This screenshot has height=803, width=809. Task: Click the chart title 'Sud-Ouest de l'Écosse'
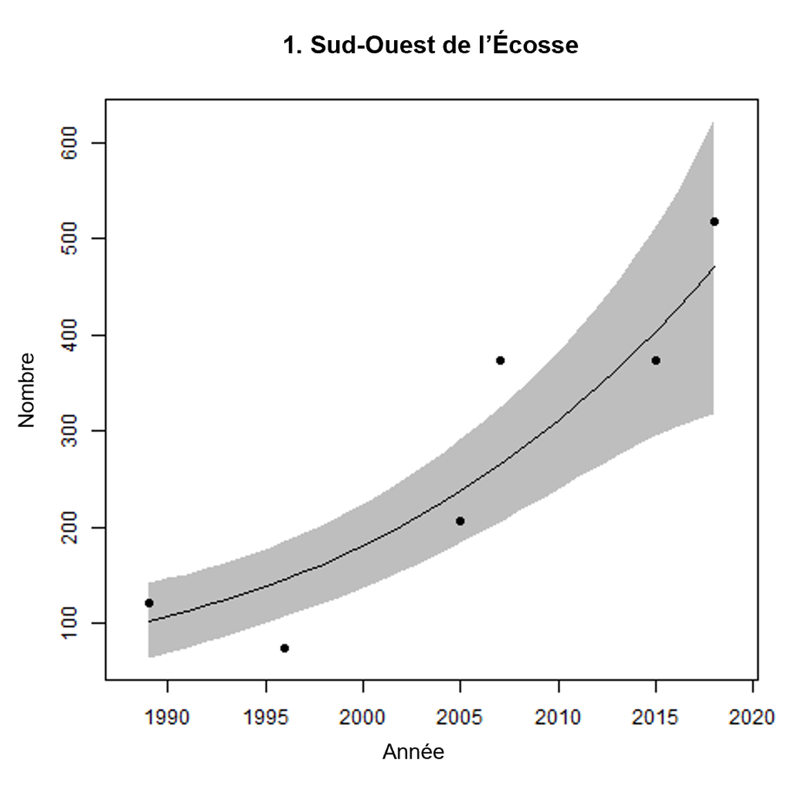coord(430,45)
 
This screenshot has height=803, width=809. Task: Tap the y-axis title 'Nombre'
coord(26,390)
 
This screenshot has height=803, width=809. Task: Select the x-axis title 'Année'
coord(413,752)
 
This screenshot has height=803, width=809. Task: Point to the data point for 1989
coord(149,603)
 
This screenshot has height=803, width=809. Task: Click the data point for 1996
coord(284,648)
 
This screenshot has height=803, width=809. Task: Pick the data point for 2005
coord(460,521)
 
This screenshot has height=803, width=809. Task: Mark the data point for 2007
coord(500,361)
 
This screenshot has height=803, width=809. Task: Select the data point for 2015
coord(655,361)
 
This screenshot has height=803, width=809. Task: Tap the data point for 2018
coord(714,222)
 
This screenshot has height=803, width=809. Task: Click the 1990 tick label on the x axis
coord(167,717)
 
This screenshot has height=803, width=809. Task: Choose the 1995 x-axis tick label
coord(266,717)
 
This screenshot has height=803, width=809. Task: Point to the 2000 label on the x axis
coord(362,717)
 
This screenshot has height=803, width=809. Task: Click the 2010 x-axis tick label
coord(558,717)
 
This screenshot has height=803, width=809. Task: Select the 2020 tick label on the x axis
coord(752,717)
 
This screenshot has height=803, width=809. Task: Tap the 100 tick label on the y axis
coord(70,623)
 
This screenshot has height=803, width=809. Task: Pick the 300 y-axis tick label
coord(70,431)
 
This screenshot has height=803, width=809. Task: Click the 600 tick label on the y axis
coord(70,143)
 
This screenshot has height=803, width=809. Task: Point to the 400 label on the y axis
coord(70,335)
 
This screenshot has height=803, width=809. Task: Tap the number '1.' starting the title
coord(292,45)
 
